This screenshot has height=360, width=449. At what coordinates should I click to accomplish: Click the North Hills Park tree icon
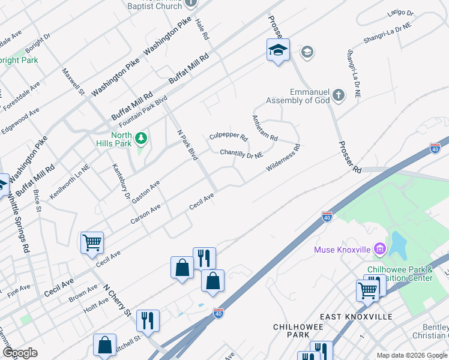142,139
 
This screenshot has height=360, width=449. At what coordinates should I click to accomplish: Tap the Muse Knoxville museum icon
379,248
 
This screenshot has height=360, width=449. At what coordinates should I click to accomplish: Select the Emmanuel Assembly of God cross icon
339,95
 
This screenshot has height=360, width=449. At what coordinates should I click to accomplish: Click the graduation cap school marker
279,50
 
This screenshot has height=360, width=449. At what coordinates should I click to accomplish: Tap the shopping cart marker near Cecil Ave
92,243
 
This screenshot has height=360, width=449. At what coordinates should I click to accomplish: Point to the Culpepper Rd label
228,137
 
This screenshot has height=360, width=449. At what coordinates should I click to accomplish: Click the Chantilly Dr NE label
241,154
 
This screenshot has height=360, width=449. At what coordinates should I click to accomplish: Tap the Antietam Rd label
265,128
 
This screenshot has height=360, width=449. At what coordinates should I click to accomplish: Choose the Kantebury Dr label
122,182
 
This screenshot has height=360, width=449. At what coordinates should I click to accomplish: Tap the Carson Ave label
146,214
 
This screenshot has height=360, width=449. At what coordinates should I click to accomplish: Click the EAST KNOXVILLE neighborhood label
356,316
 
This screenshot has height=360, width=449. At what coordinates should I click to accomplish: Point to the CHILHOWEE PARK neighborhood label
298,330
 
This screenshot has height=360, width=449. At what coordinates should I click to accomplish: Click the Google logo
20,353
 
